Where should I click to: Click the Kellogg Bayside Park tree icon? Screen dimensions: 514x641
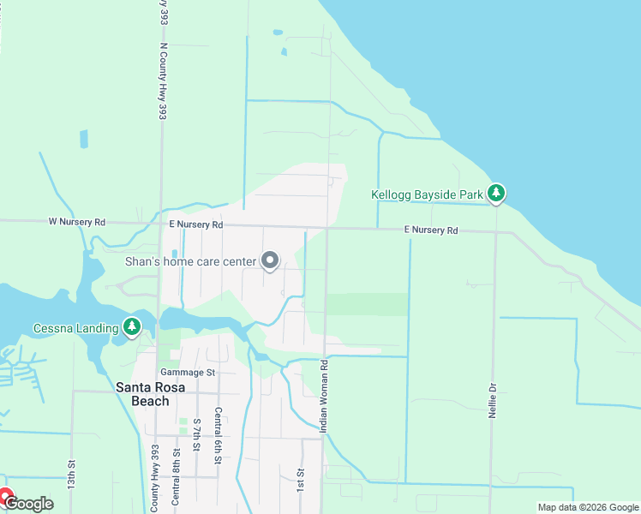coord(496,194)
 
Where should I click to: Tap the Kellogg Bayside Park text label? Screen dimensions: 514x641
coord(428,195)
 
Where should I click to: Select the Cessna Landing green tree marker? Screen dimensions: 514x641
coord(131,326)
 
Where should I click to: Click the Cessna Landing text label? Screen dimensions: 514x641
coord(74,328)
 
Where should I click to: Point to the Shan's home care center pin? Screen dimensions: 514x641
coord(271,260)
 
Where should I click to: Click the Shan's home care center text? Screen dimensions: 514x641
coord(190,262)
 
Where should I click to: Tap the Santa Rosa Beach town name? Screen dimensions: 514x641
coord(143,394)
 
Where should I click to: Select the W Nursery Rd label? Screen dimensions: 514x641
coord(76,222)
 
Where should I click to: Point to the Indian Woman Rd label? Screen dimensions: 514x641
coord(325,396)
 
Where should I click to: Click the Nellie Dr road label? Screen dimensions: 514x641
coord(493,399)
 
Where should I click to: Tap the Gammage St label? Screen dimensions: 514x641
coord(187,373)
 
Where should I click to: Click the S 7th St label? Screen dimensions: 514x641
coord(196,436)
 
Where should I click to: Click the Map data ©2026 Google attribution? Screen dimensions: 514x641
coord(587,507)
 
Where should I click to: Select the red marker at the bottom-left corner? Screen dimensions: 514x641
coord(4,496)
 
